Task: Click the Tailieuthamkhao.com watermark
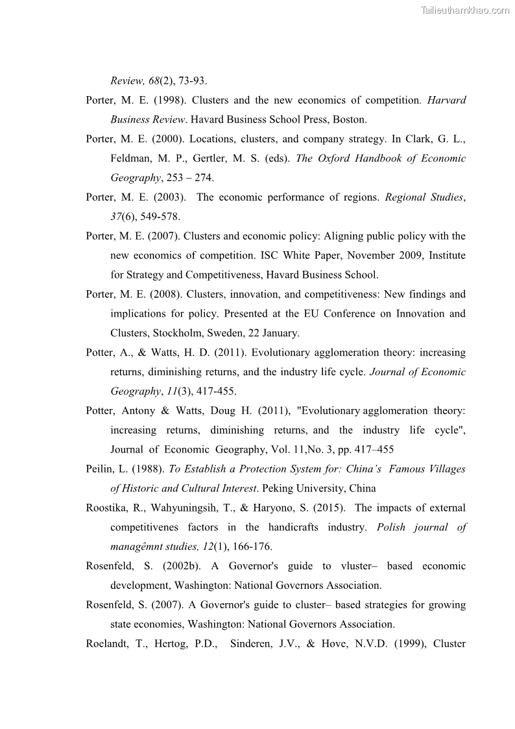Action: click(x=465, y=10)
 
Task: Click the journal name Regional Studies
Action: click(x=424, y=197)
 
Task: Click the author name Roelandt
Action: click(x=105, y=644)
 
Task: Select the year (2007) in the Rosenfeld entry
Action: click(x=169, y=605)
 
